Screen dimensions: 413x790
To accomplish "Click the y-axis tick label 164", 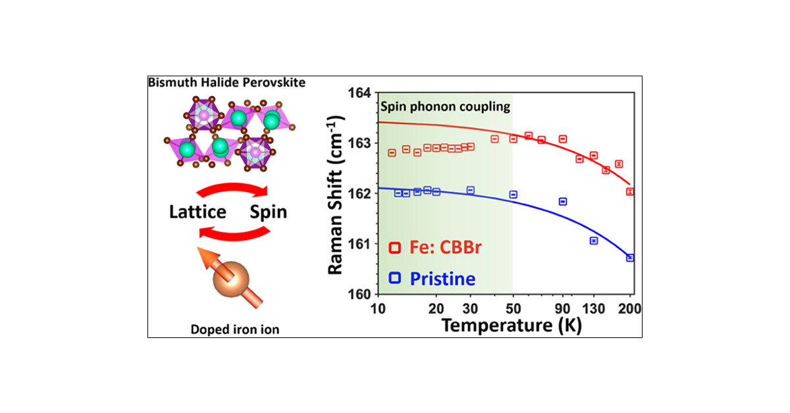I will point(361,93).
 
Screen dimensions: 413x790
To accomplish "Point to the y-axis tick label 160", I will point(361,294).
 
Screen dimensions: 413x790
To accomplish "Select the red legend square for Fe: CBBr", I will point(395,247).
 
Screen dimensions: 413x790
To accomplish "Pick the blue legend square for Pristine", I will point(395,278).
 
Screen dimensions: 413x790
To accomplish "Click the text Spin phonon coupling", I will point(445,105).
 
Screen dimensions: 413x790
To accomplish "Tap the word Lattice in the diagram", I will point(197,212).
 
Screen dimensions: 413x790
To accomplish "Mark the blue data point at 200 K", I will point(630,258).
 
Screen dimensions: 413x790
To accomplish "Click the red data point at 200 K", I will point(630,191).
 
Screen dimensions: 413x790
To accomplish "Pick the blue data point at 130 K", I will point(594,241).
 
